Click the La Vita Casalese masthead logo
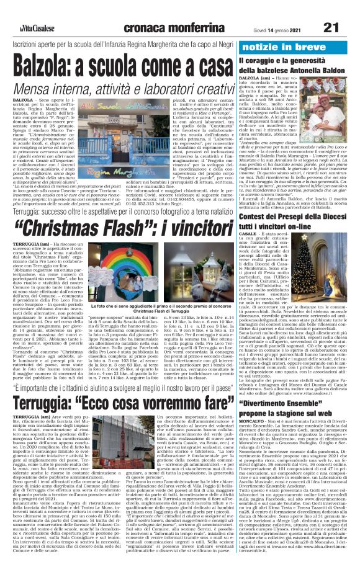pyautogui.click(x=26, y=11)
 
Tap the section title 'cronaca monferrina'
pyautogui.click(x=168, y=11)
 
